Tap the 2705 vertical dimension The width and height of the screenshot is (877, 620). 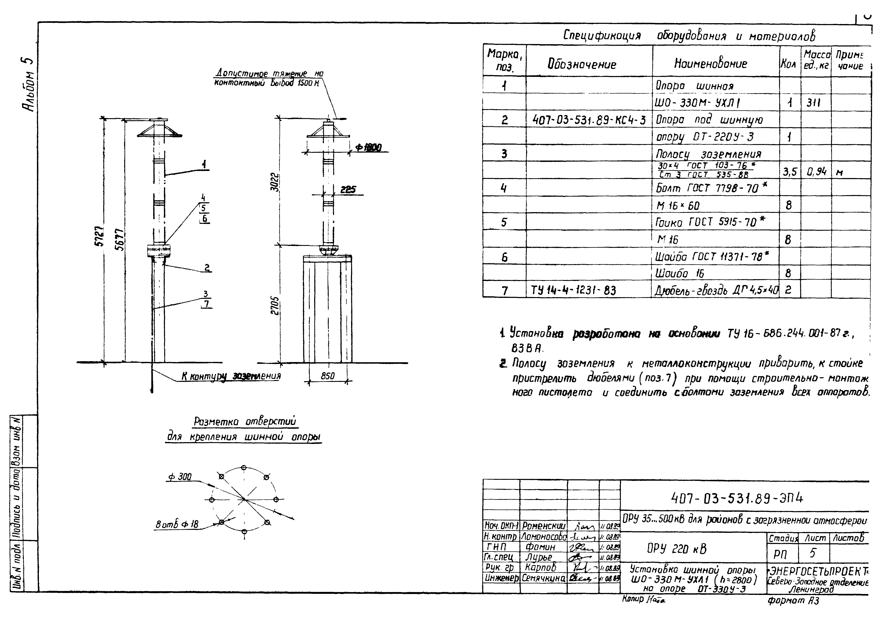point(276,306)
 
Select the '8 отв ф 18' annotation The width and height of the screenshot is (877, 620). point(177,525)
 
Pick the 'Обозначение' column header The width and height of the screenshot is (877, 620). point(582,64)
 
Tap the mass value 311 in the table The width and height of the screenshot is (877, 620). point(814,103)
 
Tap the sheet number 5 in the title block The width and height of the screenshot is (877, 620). point(812,553)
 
